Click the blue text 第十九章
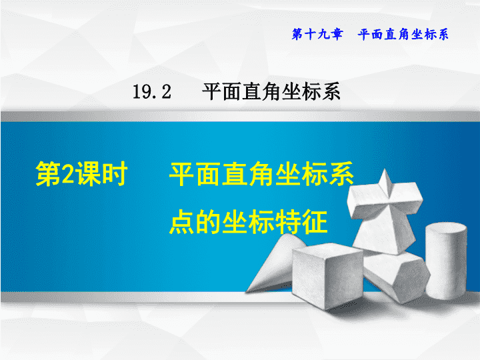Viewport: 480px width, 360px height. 317,34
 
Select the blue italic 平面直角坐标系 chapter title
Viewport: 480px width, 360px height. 403,34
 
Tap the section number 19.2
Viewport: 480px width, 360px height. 152,92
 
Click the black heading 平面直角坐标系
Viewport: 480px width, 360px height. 271,91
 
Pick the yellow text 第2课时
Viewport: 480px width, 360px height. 81,174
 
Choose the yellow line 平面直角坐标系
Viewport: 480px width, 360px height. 262,174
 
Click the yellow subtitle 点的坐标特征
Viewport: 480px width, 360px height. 249,222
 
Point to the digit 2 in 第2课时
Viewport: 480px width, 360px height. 68,174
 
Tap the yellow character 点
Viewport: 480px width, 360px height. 182,222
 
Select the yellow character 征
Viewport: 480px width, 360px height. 315,222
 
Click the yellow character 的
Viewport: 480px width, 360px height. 209,222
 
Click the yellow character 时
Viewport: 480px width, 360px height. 115,174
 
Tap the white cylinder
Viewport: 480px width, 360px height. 446,261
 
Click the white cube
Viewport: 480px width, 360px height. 327,275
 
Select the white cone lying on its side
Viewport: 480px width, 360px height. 275,263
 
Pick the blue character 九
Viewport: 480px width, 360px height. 323,34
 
